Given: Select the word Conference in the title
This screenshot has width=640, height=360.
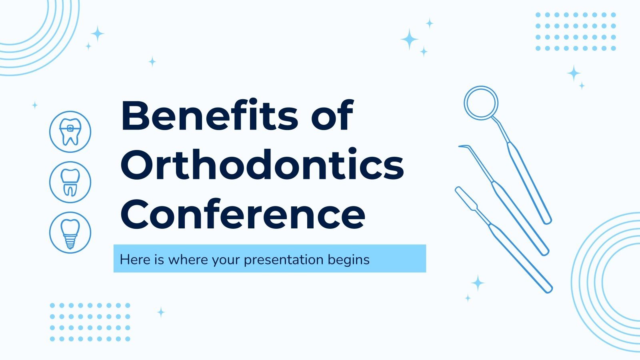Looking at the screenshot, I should pyautogui.click(x=242, y=214).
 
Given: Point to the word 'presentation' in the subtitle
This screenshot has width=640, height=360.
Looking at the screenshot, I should pyautogui.click(x=284, y=260).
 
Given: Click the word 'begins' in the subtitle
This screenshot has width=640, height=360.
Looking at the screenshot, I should pyautogui.click(x=348, y=260).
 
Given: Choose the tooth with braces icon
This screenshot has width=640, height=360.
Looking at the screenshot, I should pyautogui.click(x=70, y=132).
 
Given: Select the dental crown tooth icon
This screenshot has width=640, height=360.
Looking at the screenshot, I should pyautogui.click(x=70, y=182).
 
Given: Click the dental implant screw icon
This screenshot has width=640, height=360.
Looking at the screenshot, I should pyautogui.click(x=70, y=232).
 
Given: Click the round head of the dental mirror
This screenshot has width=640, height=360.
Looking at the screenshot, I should pyautogui.click(x=481, y=103).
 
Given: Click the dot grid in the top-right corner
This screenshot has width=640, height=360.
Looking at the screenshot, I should pyautogui.click(x=575, y=32).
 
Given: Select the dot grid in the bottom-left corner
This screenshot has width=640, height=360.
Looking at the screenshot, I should pyautogui.click(x=90, y=322).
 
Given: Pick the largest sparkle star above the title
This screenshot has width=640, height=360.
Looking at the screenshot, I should pyautogui.click(x=409, y=39).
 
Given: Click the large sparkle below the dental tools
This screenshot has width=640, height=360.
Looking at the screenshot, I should pyautogui.click(x=478, y=283).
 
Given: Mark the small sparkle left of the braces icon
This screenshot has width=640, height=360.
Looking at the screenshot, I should pyautogui.click(x=35, y=105).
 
